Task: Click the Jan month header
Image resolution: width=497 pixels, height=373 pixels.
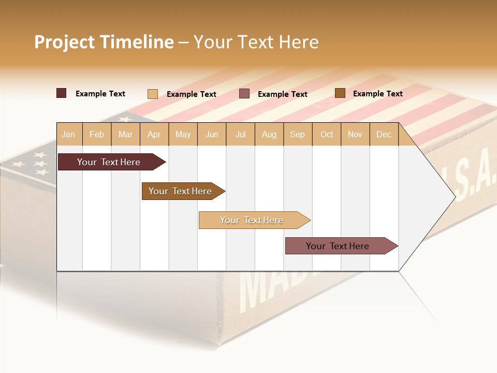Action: [x=69, y=134]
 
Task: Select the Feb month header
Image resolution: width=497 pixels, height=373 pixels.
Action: [x=97, y=134]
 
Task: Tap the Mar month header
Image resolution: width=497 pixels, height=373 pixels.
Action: [x=125, y=134]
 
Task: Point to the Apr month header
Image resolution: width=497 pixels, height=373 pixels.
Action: [x=154, y=134]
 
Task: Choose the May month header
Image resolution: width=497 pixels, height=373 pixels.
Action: [x=183, y=134]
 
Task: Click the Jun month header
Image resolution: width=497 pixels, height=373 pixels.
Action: [x=212, y=134]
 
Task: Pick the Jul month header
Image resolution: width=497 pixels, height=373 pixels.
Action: [x=240, y=134]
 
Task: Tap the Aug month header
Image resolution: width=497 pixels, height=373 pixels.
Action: [x=269, y=134]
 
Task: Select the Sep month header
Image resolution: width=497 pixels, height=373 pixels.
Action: [x=298, y=134]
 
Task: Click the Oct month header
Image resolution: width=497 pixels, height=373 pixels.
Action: [x=327, y=134]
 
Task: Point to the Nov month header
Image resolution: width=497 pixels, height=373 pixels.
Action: [x=355, y=134]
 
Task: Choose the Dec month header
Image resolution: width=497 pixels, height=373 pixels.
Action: [x=384, y=134]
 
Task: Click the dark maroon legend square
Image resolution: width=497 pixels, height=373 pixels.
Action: [x=62, y=93]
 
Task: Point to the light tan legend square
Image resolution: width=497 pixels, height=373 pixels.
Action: [x=153, y=94]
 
